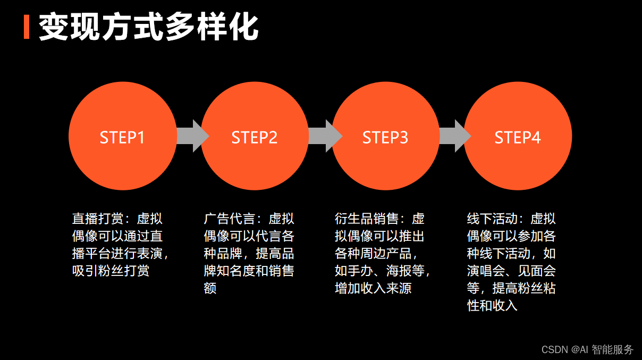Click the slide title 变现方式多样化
coord(149,28)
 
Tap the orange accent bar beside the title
coord(27,28)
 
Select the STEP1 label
coord(122,138)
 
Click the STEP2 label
coord(255,138)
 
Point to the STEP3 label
coord(385,138)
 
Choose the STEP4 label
coord(518,138)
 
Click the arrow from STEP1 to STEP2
coord(191,136)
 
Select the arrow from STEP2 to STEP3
coord(324,136)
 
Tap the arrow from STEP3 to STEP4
coord(454,136)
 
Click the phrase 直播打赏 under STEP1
coord(97,219)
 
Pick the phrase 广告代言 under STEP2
coord(229,219)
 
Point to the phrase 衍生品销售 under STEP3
coord(367,219)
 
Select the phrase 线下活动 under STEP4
coord(492,219)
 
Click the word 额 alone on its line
coord(210,288)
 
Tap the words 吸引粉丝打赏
coord(111,271)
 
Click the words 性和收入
coord(492,305)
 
